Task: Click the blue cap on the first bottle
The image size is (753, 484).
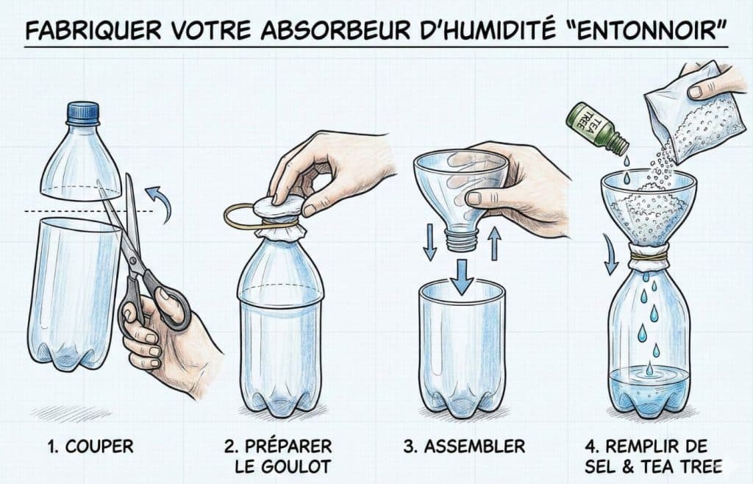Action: [78, 112]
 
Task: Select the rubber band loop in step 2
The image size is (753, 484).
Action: [242, 215]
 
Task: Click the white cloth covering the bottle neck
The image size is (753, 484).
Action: [282, 221]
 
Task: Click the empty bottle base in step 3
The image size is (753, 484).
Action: [463, 353]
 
